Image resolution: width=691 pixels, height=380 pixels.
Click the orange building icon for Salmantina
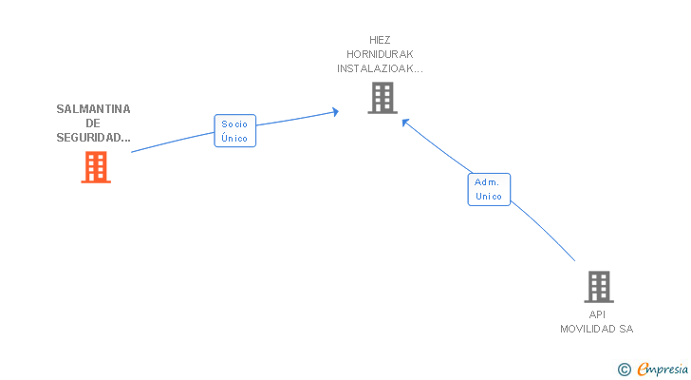click(95, 167)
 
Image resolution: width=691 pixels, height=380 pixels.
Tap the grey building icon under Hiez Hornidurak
click(382, 97)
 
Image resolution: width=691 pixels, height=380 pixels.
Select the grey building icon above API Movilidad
click(598, 286)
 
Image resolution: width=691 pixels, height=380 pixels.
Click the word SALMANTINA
click(93, 108)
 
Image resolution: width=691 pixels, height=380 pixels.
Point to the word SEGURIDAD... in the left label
click(93, 138)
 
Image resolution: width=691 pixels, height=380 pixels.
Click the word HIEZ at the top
click(380, 40)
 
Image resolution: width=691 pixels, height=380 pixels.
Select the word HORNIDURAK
click(380, 54)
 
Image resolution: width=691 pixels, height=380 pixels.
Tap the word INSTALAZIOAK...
click(380, 68)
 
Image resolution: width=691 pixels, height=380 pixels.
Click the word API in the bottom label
click(597, 314)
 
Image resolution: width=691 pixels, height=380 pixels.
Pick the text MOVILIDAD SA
click(597, 329)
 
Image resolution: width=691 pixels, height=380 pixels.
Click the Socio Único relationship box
click(234, 131)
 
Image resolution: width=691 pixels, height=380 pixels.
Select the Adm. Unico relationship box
click(489, 189)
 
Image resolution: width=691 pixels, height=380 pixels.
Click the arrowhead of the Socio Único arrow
click(336, 112)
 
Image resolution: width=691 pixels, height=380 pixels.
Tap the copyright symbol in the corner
click(624, 370)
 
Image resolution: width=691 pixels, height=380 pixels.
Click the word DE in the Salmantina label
click(93, 123)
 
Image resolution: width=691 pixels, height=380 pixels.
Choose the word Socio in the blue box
click(234, 124)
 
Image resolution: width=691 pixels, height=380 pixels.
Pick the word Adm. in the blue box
click(488, 181)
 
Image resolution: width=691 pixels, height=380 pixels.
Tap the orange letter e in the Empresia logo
click(643, 370)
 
